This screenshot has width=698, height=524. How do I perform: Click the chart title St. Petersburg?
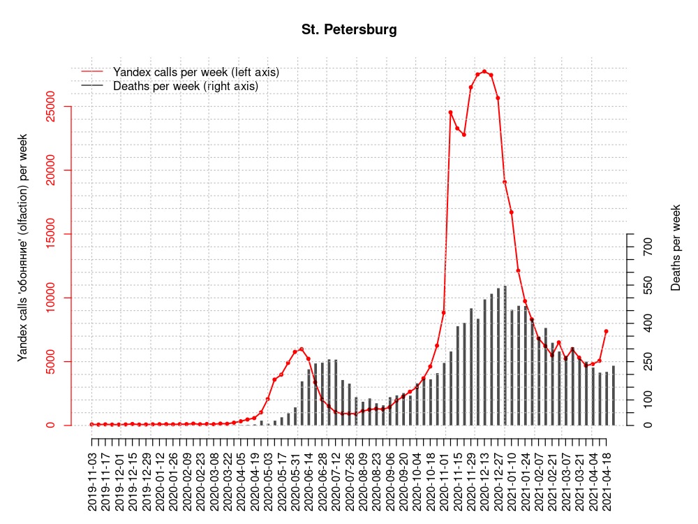[x=349, y=30]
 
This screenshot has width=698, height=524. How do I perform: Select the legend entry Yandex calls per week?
[x=195, y=72]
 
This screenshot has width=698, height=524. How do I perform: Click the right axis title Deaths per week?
[x=676, y=248]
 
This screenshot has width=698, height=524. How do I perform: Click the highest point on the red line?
[x=484, y=71]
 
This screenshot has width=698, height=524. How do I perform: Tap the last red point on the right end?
[x=607, y=331]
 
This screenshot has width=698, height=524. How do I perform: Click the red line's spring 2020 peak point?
[x=302, y=349]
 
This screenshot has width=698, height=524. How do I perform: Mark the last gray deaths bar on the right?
[x=614, y=395]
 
